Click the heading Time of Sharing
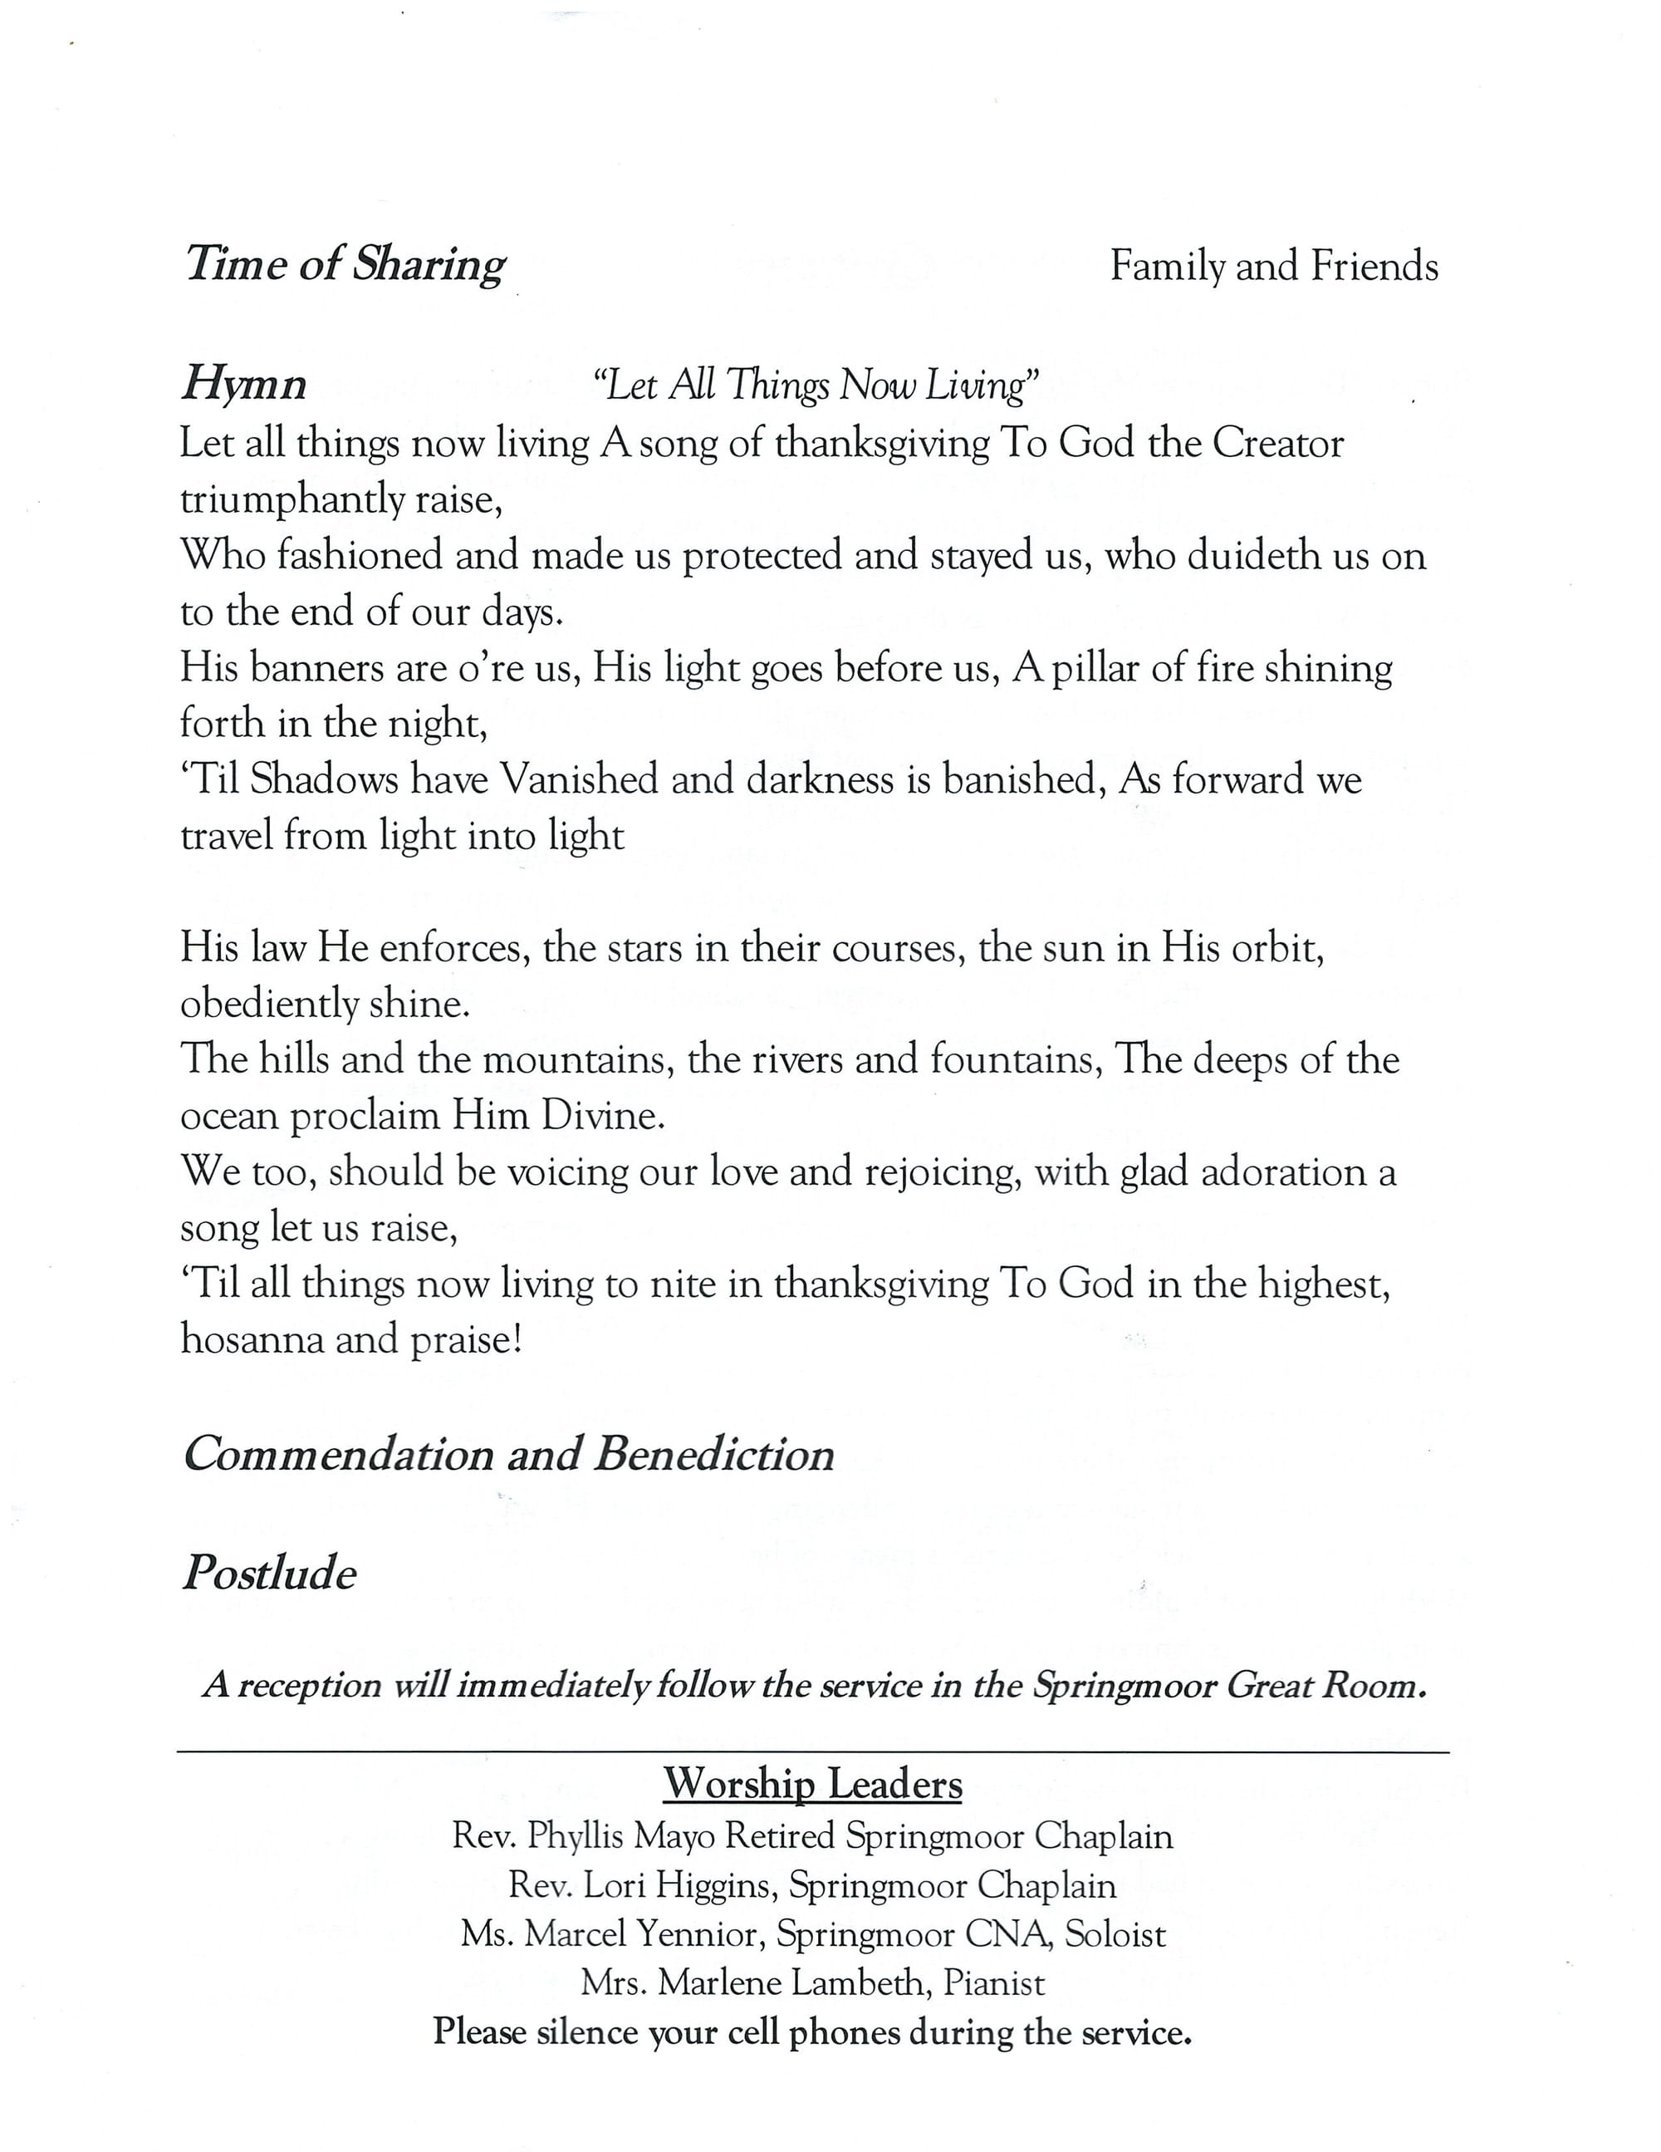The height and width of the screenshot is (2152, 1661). coord(345,265)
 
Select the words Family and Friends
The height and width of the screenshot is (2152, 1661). coord(1274,266)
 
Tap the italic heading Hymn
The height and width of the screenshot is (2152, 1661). coord(243,383)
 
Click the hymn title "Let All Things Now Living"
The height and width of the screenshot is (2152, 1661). coord(816,384)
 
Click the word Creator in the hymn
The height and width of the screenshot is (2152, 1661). coord(1278,444)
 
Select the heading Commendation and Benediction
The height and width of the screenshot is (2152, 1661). coord(508,1454)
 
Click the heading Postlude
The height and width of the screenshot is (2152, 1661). coord(269,1573)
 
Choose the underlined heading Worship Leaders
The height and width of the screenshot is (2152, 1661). coord(813,1783)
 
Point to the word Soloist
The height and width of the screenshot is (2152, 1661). coord(1115,1934)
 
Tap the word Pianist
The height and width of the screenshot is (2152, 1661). coord(994,1982)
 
